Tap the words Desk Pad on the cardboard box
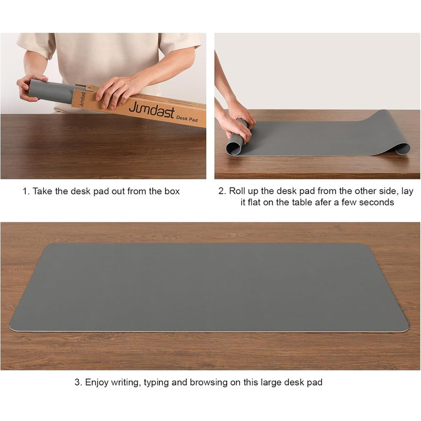tap(187, 118)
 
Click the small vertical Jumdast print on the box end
tap(83, 99)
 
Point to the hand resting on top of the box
tap(118, 91)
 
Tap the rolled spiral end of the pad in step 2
tap(234, 147)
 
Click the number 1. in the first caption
tap(26, 191)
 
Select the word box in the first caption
tap(172, 191)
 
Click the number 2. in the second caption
tap(222, 191)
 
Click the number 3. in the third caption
tap(78, 382)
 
